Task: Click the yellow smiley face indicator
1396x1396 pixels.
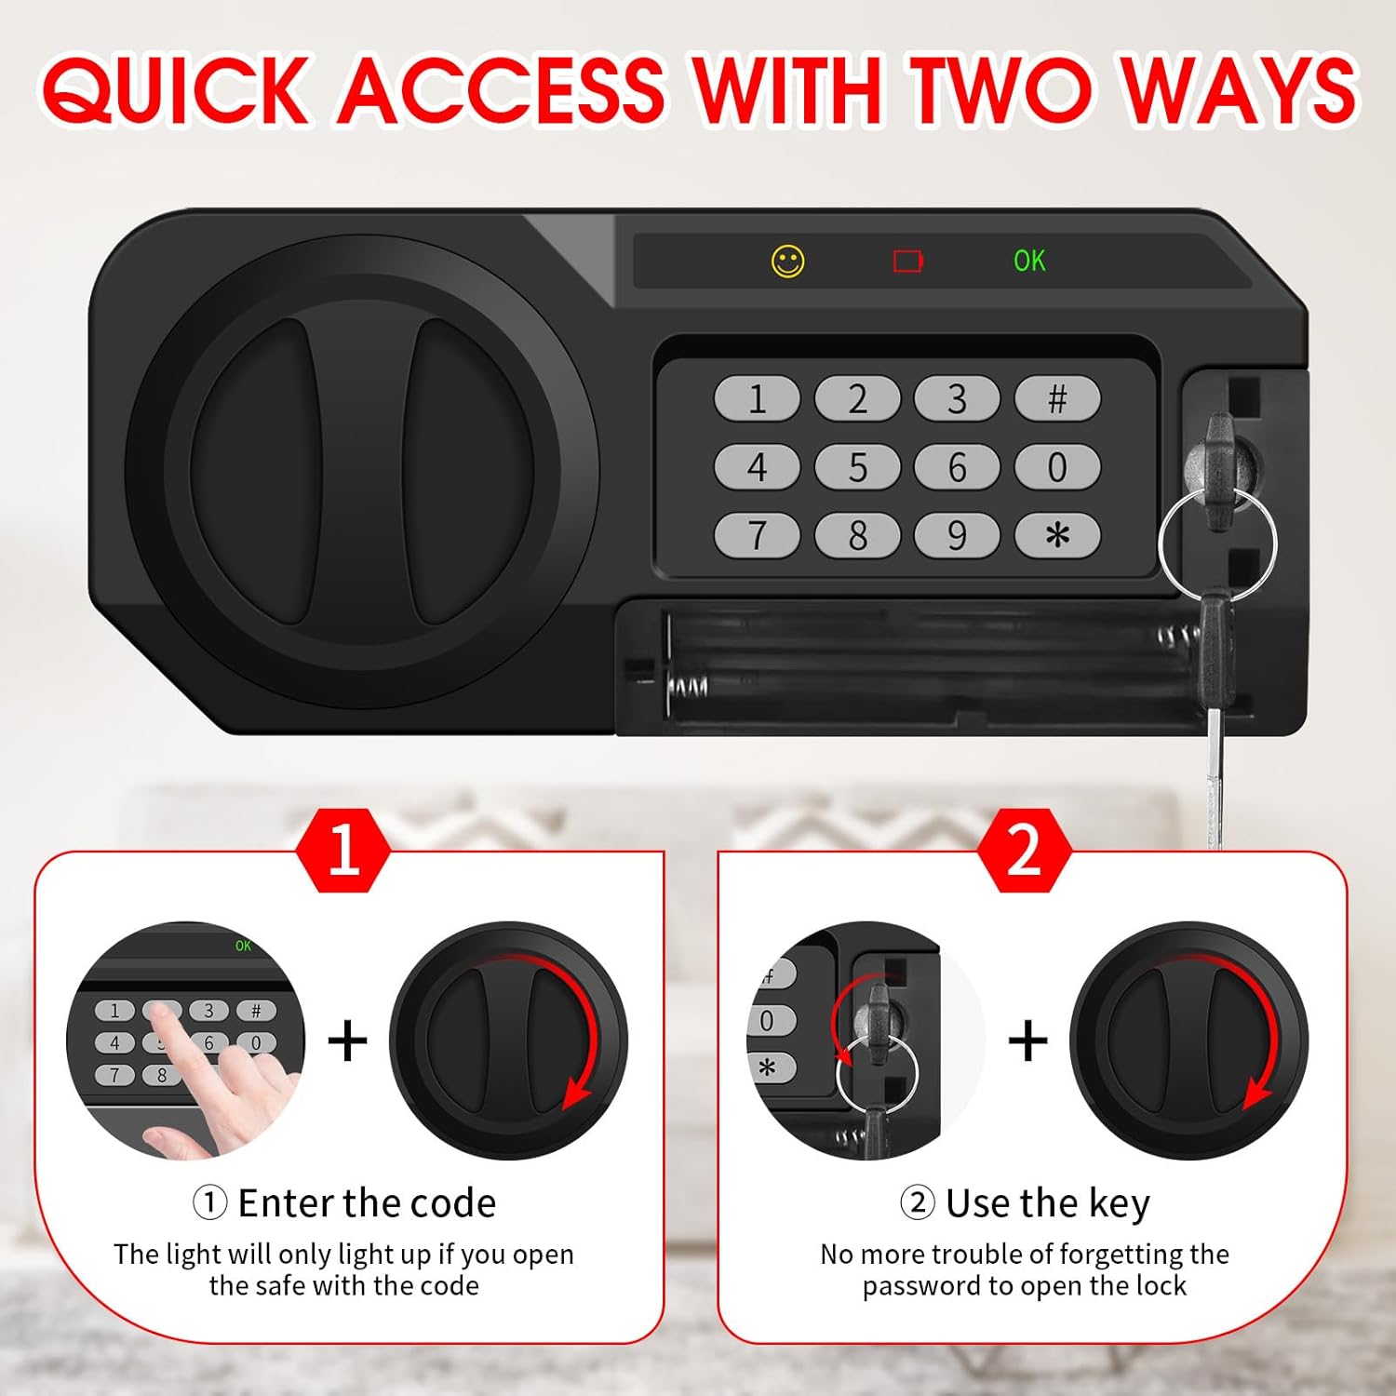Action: pos(787,262)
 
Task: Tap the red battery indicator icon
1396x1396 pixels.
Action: pos(907,262)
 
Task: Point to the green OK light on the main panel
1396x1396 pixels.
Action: pos(1029,262)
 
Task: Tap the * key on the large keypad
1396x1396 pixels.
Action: pos(1057,536)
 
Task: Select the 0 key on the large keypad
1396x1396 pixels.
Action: pos(1057,467)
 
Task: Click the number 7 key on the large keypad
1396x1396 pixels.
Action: pos(757,536)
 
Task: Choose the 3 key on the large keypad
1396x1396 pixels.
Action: pos(957,399)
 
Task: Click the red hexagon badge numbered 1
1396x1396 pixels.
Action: pos(343,850)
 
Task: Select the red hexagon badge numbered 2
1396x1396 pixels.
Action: pos(1024,850)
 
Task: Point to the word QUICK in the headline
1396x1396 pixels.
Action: pos(175,90)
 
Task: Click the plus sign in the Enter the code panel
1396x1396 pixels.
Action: pos(347,1040)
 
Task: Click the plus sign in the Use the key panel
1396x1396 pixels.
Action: pos(1027,1040)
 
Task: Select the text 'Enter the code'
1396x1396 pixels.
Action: pos(367,1203)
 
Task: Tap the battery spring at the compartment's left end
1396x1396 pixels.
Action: pos(687,687)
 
